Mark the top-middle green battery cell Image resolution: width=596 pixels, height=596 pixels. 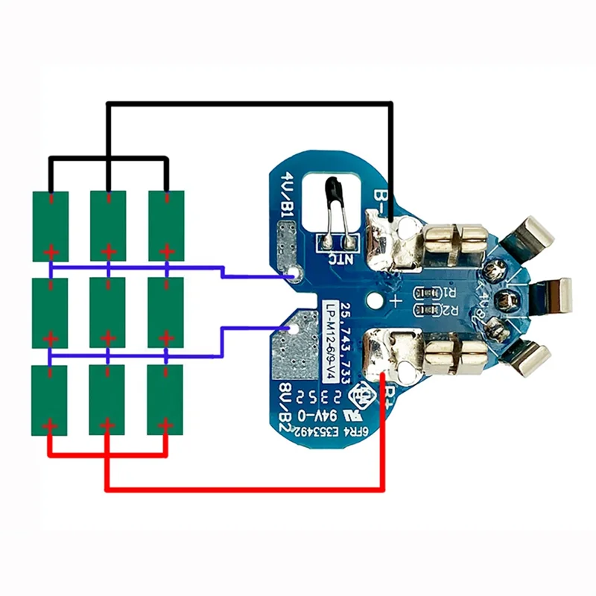108,225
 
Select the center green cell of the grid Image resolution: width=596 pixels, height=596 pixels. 108,312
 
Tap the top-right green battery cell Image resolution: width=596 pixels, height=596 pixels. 165,225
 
